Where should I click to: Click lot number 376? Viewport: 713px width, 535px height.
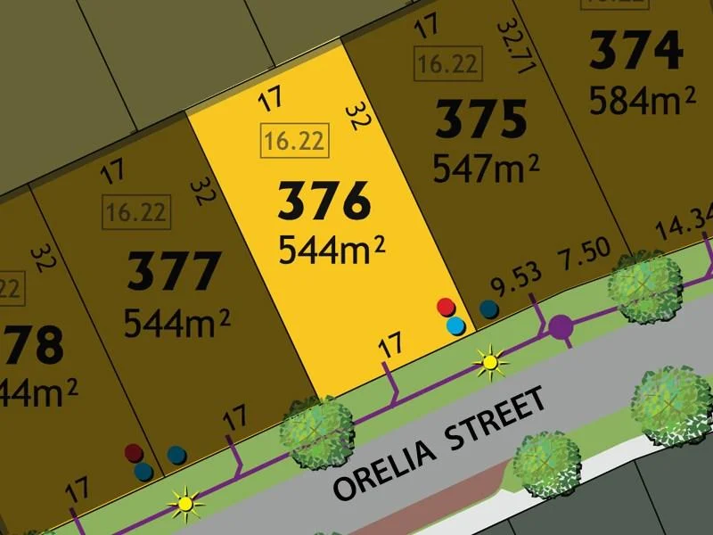pos(324,202)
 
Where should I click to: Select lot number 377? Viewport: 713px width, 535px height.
pos(174,271)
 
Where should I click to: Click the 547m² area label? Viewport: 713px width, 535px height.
pos(486,167)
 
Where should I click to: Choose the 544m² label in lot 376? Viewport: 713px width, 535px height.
pos(332,249)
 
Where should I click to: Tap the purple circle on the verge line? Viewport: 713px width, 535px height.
pos(561,327)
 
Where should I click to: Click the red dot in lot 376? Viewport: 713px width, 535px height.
pos(446,308)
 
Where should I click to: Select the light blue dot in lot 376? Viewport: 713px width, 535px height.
pos(455,325)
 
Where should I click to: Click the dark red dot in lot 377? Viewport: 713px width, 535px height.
pos(134,453)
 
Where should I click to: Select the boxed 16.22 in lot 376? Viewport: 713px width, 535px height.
pos(291,141)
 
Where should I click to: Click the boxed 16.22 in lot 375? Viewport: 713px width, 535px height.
pos(447,64)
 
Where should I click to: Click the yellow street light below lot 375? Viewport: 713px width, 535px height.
pos(489,361)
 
